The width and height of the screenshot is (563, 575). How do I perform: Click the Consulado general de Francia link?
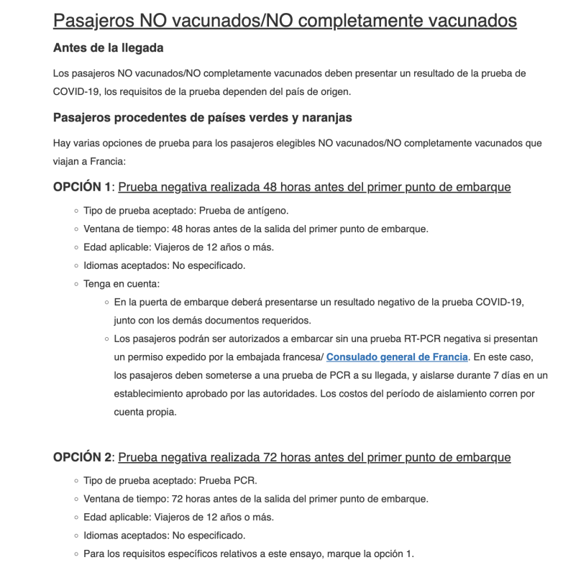tap(397, 356)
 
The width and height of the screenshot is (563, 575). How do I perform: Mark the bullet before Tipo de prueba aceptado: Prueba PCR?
tap(75, 480)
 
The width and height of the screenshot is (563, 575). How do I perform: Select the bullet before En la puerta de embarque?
tap(106, 302)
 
